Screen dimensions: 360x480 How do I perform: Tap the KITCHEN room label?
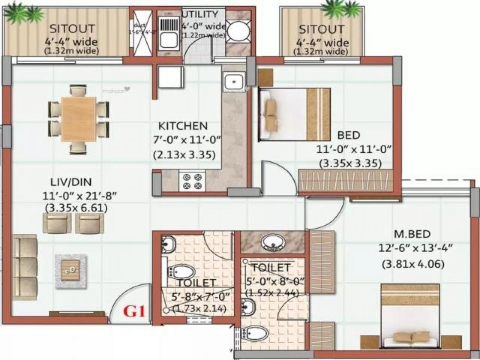183,126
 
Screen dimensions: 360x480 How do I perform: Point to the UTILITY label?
200,14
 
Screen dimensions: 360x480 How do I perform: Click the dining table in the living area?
78,119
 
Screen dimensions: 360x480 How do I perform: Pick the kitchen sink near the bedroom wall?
233,83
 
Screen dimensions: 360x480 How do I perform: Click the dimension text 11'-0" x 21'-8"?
79,196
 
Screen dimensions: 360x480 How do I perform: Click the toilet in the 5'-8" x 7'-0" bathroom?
182,272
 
